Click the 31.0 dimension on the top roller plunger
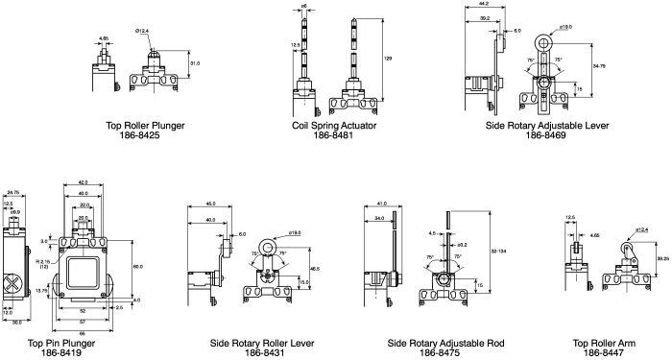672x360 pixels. [195, 62]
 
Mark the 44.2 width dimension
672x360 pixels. [483, 5]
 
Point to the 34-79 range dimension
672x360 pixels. [600, 65]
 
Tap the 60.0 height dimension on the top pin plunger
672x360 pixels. [137, 266]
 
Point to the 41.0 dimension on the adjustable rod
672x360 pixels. [383, 204]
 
